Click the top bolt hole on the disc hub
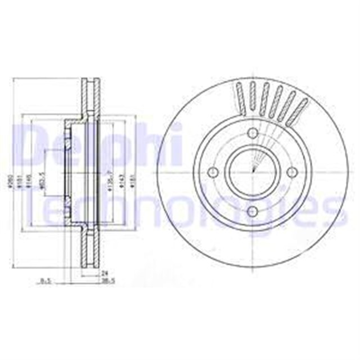click(253, 133)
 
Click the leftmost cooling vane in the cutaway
click(240, 96)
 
